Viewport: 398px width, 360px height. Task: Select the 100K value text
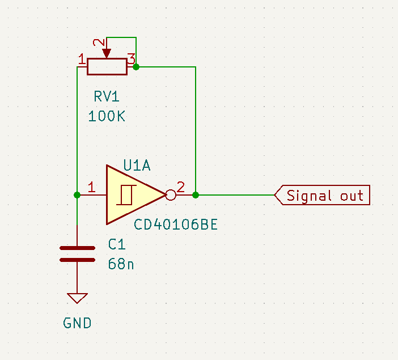click(107, 116)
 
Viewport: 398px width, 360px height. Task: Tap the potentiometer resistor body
click(107, 67)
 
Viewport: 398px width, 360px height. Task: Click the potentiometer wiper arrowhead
click(107, 54)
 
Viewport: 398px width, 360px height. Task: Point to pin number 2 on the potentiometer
click(99, 44)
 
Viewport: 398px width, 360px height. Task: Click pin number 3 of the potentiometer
click(130, 58)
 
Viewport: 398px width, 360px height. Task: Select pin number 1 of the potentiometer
click(82, 58)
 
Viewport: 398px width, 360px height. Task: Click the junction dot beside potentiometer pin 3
click(136, 67)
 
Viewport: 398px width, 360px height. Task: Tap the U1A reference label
click(138, 166)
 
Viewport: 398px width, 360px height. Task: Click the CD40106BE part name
click(176, 225)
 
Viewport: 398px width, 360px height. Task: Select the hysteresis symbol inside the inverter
click(125, 195)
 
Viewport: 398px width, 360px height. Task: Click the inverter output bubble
click(170, 195)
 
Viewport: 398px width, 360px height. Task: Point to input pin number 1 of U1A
click(92, 187)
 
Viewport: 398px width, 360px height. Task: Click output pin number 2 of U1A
click(181, 187)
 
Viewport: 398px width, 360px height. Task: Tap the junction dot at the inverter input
click(77, 195)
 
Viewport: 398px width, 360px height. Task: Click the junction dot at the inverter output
click(196, 195)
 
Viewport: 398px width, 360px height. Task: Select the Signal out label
click(324, 196)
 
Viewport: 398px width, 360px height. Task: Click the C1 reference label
click(116, 244)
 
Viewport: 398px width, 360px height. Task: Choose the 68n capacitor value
click(121, 264)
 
